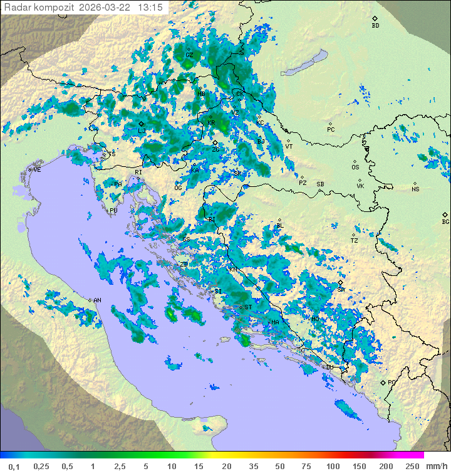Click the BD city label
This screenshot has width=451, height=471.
[x=375, y=26]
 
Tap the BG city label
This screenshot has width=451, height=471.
[x=445, y=222]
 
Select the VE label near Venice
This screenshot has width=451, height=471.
[x=37, y=170]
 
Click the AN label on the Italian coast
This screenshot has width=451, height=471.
[x=97, y=300]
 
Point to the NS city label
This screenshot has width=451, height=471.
[x=415, y=189]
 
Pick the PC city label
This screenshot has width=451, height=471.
[x=331, y=130]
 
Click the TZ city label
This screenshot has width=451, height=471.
[x=355, y=241]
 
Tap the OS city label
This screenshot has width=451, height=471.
[x=355, y=167]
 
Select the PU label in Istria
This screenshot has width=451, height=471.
[x=113, y=211]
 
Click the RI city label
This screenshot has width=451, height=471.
[x=139, y=172]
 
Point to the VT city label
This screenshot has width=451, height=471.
[x=289, y=147]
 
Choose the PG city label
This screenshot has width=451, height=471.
[x=392, y=382]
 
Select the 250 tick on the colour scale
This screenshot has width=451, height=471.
[x=412, y=466]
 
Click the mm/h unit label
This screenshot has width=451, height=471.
[x=437, y=466]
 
